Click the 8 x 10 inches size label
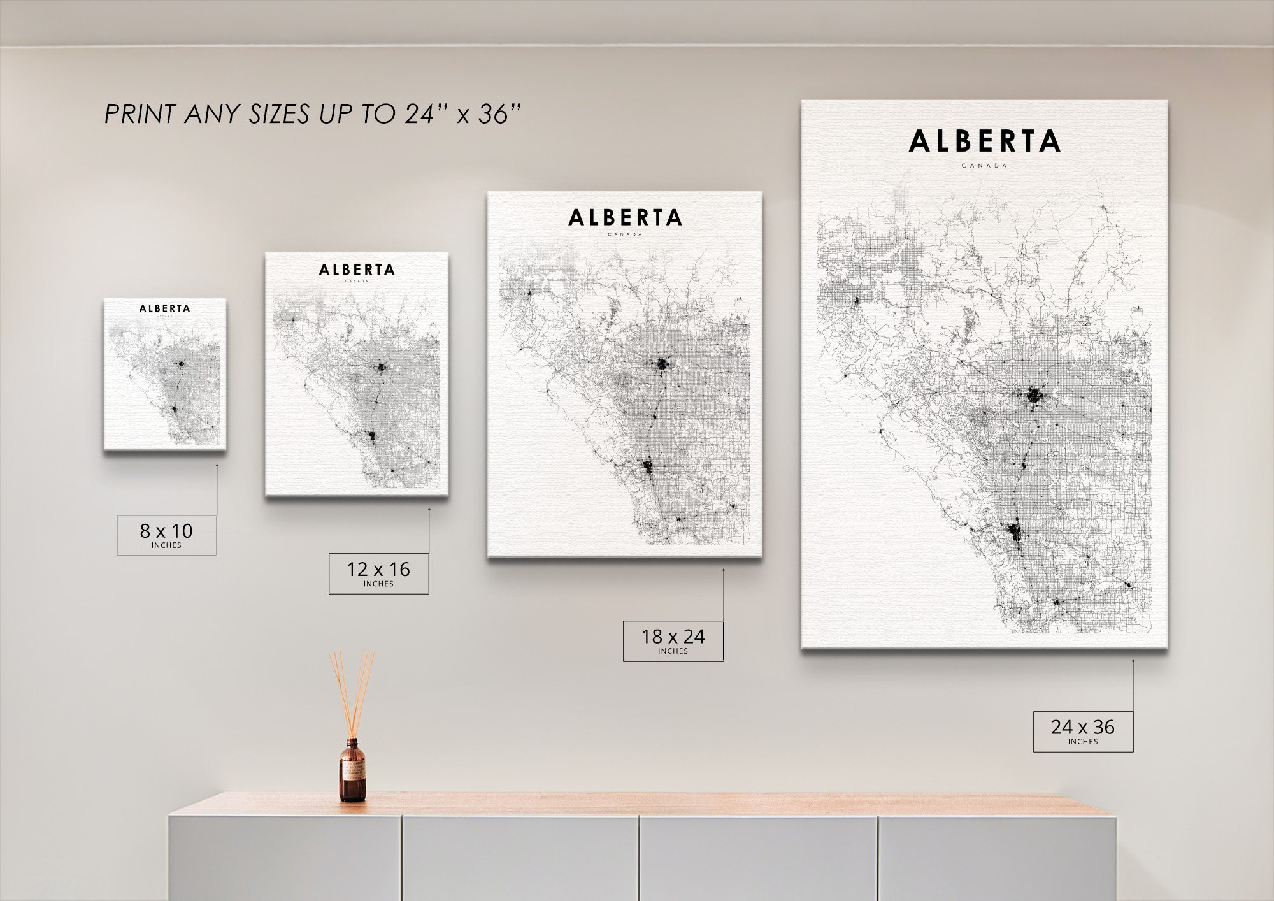click(x=166, y=535)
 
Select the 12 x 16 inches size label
click(x=378, y=573)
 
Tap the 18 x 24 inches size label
click(x=673, y=640)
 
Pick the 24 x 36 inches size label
click(x=1083, y=731)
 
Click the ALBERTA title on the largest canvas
click(x=984, y=141)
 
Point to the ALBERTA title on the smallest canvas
click(x=165, y=308)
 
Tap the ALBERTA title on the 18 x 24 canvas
click(x=625, y=218)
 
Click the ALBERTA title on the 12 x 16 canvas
click(x=357, y=270)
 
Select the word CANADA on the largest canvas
click(x=984, y=166)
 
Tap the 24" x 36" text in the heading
click(x=462, y=114)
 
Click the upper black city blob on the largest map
click(x=1034, y=396)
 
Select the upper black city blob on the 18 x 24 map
click(x=662, y=365)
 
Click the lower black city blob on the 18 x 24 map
click(x=648, y=467)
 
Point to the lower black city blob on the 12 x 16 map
click(x=372, y=436)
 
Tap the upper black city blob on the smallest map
click(x=182, y=364)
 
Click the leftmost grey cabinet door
click(x=285, y=857)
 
